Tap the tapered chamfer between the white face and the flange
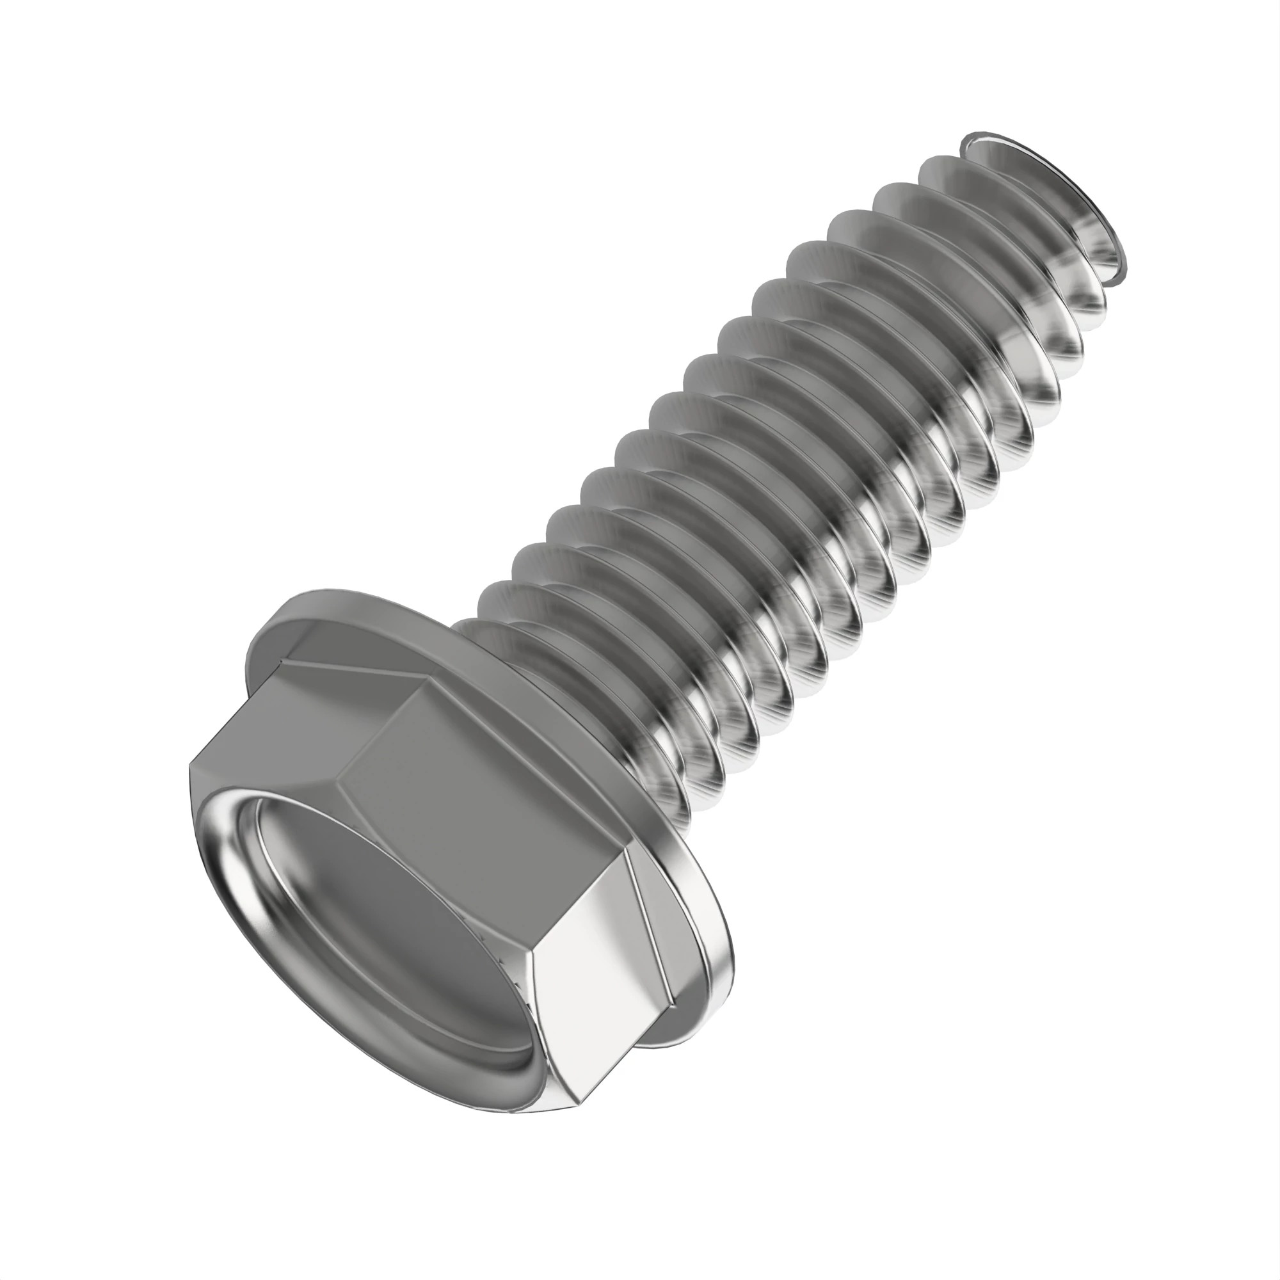click(656, 947)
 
